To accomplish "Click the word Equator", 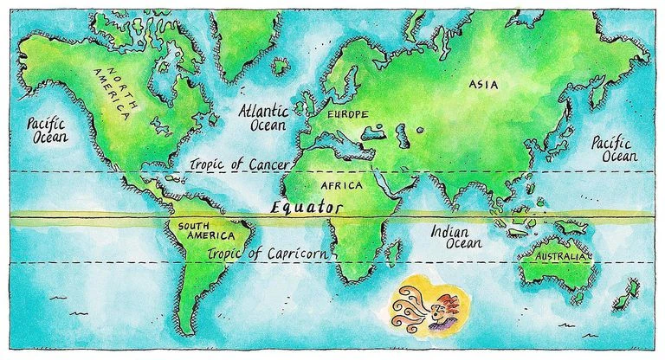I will tap(306, 208).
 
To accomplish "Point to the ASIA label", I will tap(483, 84).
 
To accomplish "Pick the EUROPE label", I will tap(349, 113).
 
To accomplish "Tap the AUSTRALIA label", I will tap(562, 258).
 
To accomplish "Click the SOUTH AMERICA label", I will tap(205, 233).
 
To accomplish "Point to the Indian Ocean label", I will tap(450, 238).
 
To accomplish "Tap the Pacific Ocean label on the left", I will tap(47, 130).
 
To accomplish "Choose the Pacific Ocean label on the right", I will tap(614, 149).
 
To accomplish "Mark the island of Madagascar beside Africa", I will tap(393, 252).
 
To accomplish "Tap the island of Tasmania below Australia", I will tap(577, 299).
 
